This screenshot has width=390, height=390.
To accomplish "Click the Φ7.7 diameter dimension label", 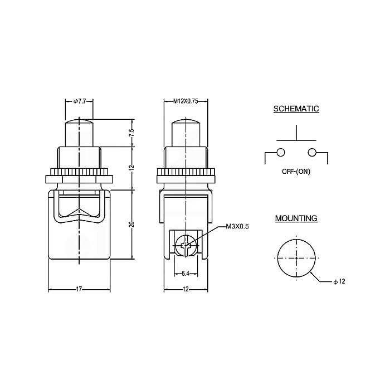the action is [79, 101].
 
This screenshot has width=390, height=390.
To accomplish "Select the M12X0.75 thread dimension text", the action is [186, 101].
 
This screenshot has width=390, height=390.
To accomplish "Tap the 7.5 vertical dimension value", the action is [133, 133].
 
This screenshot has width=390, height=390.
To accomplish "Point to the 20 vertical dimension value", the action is [133, 224].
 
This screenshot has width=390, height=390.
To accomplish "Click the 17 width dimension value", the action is [79, 289].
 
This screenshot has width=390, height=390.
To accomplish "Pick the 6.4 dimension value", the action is [186, 274].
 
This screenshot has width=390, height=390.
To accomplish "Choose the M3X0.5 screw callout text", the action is [237, 227].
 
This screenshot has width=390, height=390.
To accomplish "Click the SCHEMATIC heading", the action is [296, 109].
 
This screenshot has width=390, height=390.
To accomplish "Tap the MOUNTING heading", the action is [296, 218].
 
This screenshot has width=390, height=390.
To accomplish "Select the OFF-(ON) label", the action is [296, 172].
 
